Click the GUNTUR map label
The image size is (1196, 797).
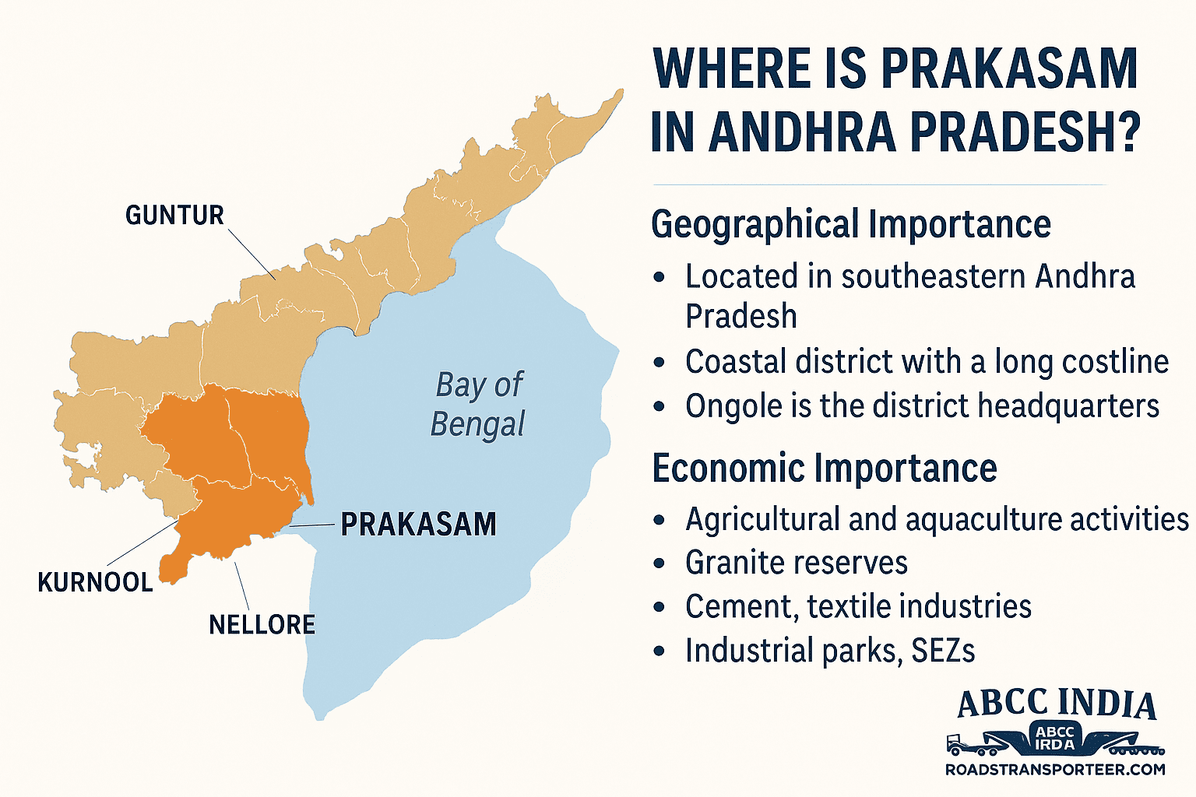pos(174,216)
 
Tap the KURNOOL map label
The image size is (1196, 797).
pos(95,582)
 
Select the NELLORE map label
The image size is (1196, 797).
pos(262,624)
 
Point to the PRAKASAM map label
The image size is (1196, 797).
pos(418,525)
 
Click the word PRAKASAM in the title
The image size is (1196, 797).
pos(1010,68)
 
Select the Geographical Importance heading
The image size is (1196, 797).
pos(850,224)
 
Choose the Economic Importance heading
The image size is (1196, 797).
pos(824,469)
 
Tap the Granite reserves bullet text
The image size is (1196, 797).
pos(796,563)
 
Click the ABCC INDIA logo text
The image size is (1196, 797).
pos(1056,704)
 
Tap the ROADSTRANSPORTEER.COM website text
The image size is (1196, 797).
pos(1055,770)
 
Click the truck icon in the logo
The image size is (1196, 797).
pos(966,743)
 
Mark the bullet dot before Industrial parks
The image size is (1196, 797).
pos(660,651)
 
